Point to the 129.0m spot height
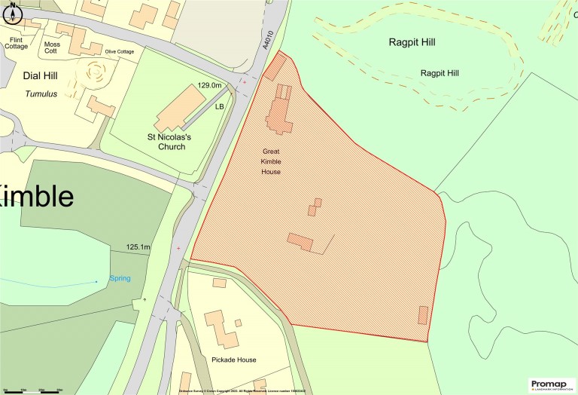[210, 86]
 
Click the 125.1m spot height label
[138, 247]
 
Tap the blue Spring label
[120, 278]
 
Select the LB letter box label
[220, 107]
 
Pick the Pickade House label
[233, 360]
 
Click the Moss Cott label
[52, 48]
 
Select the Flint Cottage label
[17, 43]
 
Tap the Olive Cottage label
[119, 51]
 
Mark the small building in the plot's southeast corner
[422, 315]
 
